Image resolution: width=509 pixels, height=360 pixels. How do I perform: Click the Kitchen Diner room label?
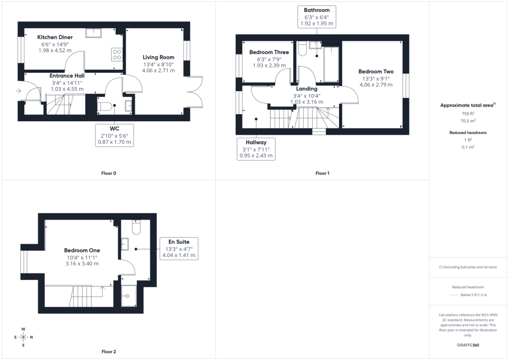[55, 37]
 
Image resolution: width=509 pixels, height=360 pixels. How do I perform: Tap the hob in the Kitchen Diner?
[117, 55]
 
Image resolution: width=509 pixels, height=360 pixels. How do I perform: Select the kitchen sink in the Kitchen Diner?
[93, 33]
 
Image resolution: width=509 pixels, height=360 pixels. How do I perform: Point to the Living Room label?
[159, 57]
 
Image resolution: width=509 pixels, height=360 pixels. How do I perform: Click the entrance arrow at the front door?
[18, 91]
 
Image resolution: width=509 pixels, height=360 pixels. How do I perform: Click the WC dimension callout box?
[114, 135]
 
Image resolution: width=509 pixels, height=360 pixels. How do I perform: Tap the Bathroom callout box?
[317, 16]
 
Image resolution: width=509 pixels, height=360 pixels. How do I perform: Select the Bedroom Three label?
[269, 52]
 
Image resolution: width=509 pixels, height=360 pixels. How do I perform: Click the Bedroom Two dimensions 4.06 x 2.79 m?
[376, 85]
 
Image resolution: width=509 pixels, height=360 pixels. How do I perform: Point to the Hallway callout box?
[256, 149]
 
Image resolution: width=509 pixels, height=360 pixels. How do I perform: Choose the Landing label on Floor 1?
[306, 89]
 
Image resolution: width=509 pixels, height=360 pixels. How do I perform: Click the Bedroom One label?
[82, 250]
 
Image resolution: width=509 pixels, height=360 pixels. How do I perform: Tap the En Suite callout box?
[179, 248]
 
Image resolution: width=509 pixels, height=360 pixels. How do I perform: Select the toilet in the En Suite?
[136, 227]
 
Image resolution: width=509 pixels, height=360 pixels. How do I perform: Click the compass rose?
[23, 337]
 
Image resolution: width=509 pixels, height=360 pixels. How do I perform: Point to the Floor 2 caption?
[108, 352]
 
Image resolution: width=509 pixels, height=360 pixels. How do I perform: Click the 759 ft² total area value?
[468, 113]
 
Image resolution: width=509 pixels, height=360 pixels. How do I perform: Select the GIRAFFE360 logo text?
[468, 345]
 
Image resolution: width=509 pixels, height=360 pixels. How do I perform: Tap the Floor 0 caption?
[108, 174]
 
